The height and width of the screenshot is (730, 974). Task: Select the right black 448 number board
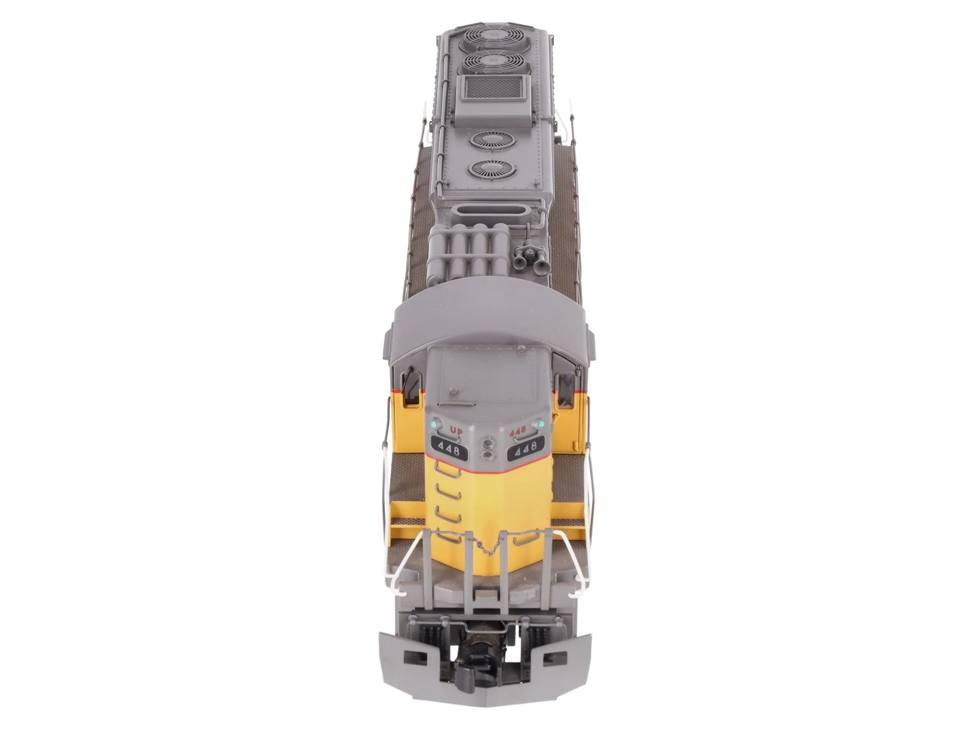[x=528, y=449]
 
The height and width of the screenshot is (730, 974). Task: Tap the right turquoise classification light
[x=541, y=423]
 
